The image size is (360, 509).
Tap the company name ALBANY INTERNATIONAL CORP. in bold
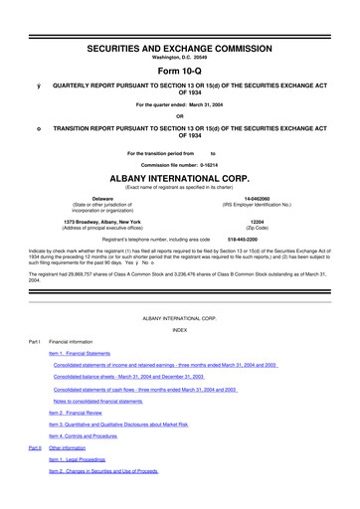(x=180, y=173)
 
